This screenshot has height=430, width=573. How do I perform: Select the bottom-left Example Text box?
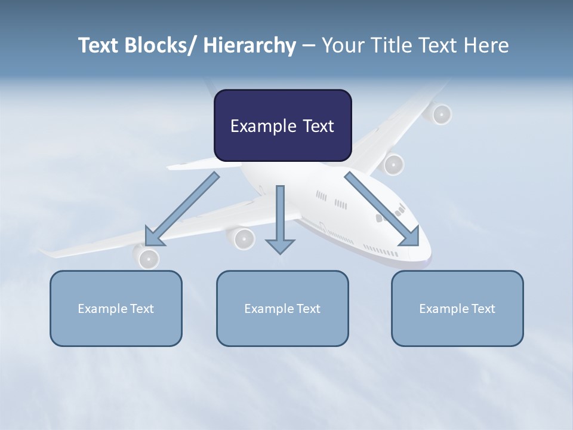[116, 308]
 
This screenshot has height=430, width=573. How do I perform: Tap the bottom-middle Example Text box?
[282, 308]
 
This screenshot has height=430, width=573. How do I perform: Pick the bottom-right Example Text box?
[457, 308]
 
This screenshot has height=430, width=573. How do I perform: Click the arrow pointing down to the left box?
[181, 210]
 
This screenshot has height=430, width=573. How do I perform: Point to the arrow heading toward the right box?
[382, 209]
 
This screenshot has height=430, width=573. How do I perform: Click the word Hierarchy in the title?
[249, 45]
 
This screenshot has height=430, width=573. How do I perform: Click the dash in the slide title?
[309, 45]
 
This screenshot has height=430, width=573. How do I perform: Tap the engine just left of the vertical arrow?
[242, 239]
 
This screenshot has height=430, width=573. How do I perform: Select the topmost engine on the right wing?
[440, 113]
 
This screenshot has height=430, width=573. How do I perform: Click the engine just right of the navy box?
[393, 164]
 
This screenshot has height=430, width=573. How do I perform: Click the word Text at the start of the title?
[98, 45]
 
